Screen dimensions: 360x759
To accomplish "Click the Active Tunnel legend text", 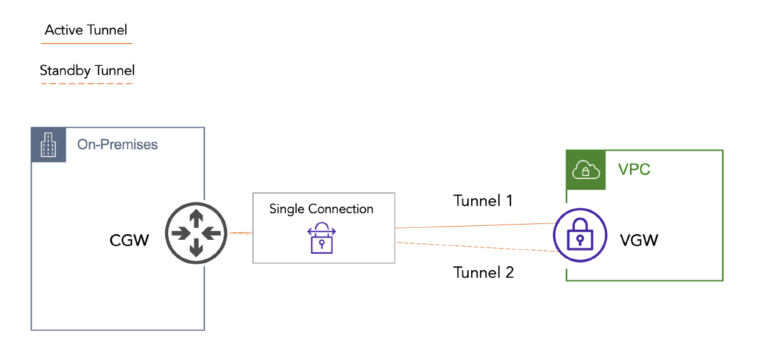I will coord(86,30).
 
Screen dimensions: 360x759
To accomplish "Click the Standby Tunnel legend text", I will coord(87,70).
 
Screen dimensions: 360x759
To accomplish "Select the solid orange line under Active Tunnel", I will coord(86,43).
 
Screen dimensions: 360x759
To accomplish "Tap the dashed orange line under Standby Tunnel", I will coord(86,84).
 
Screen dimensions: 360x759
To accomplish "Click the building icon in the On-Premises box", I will coord(47,145).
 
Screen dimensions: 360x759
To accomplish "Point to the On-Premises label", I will coord(117,145).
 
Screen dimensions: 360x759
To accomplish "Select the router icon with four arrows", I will coord(196,233).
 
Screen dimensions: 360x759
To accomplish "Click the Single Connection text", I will coord(321,209).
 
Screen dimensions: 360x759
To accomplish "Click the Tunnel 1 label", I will coord(483,201).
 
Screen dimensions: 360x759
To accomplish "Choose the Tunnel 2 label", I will coord(483,273).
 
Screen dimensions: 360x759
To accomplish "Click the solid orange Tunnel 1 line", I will coord(474,225).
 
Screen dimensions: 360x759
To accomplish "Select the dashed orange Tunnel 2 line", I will coord(474,247).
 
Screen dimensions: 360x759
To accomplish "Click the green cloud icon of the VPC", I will coord(585,170).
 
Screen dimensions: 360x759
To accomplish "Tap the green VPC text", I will coord(634,170).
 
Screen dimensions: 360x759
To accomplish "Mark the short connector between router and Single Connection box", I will coord(240,233).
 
